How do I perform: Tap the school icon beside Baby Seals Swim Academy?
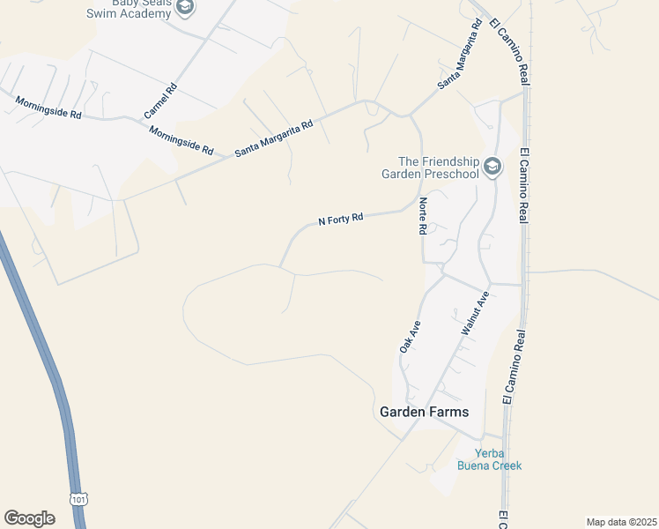coord(185,8)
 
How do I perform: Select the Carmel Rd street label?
coord(160,101)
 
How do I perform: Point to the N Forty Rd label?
coord(341,219)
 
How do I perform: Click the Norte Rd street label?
coord(423,215)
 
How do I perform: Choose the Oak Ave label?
coord(411,337)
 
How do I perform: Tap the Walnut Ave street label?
coord(475,313)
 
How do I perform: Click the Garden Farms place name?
coord(424,412)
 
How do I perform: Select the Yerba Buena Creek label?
coord(489,459)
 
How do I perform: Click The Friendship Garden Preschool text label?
coord(438,168)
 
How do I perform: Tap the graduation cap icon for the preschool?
coord(492,167)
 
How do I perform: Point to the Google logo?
coord(29,518)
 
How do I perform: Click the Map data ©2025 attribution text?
coord(621,522)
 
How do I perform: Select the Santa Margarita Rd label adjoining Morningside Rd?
coord(274,139)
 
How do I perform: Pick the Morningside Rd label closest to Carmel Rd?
coord(181,140)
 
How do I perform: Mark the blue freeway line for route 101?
coord(44,353)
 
